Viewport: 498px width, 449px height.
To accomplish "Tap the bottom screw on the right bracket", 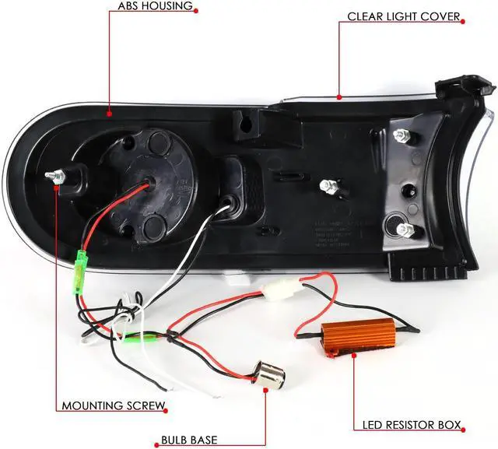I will coord(405,229).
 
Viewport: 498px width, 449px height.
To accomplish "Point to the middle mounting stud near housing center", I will coord(328,187).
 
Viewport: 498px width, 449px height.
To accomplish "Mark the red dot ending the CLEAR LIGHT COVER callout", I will coord(340,96).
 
